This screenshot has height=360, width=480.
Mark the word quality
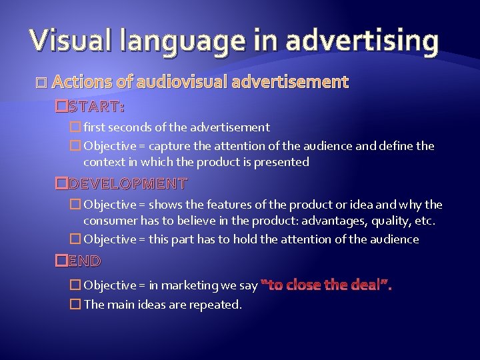click(389, 221)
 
